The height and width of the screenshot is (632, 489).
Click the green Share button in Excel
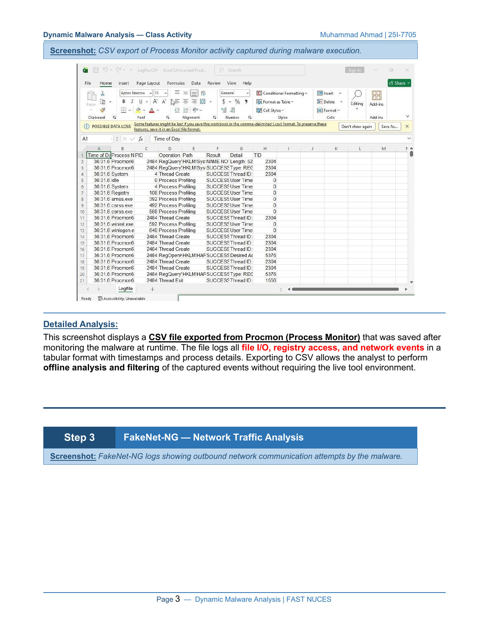(x=399, y=83)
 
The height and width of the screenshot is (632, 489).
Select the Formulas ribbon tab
(x=176, y=83)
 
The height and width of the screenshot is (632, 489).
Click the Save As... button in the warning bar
(x=389, y=126)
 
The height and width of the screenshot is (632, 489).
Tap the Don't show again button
(x=356, y=126)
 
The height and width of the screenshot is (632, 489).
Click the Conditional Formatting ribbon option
(x=282, y=93)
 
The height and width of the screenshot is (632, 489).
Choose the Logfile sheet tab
(x=125, y=289)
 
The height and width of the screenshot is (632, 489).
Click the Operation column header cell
(x=169, y=155)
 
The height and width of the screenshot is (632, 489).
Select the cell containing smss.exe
(x=122, y=199)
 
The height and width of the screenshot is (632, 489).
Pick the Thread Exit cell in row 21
(x=171, y=280)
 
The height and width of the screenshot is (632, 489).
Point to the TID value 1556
(x=270, y=280)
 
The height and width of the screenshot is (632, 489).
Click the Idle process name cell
(x=115, y=180)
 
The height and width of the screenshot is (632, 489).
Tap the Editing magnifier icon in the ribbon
(x=357, y=95)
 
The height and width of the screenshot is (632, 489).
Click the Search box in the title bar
(x=260, y=70)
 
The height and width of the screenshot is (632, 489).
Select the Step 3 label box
(x=79, y=437)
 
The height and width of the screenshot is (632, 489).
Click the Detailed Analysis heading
(x=81, y=324)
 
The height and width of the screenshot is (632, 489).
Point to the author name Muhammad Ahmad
(x=351, y=35)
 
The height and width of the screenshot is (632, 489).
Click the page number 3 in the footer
(x=178, y=599)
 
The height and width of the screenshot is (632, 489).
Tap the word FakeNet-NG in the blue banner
(x=151, y=437)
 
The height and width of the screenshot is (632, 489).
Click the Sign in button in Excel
(x=354, y=70)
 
